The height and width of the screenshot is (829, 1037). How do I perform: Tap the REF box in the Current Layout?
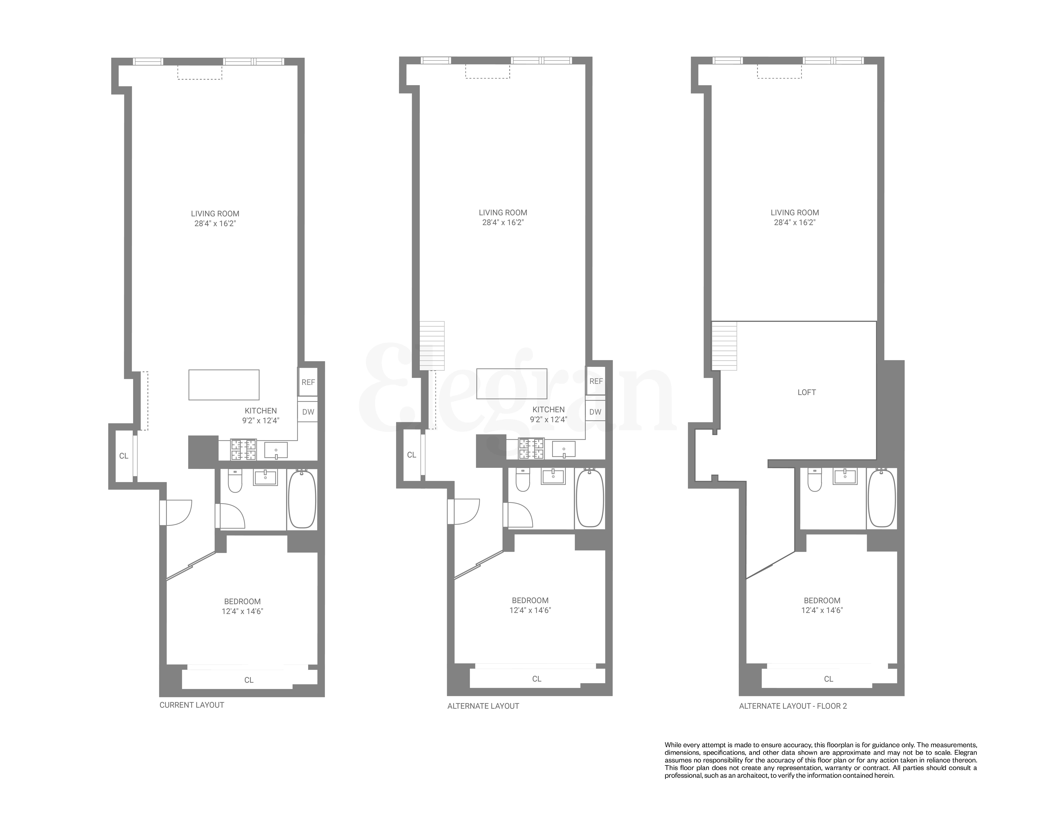(x=308, y=382)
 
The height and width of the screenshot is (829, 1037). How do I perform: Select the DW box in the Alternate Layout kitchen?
(x=595, y=412)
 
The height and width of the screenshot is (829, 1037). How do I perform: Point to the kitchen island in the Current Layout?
(x=224, y=385)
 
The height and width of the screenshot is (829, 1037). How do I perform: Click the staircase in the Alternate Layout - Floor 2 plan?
(x=724, y=346)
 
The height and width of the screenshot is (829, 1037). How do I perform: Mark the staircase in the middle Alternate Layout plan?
(x=432, y=346)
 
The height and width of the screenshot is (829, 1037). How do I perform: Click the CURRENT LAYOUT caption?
(x=191, y=705)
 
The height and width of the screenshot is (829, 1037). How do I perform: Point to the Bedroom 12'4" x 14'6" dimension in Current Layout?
(x=242, y=611)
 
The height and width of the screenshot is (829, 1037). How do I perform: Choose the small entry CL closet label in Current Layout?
(x=124, y=456)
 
